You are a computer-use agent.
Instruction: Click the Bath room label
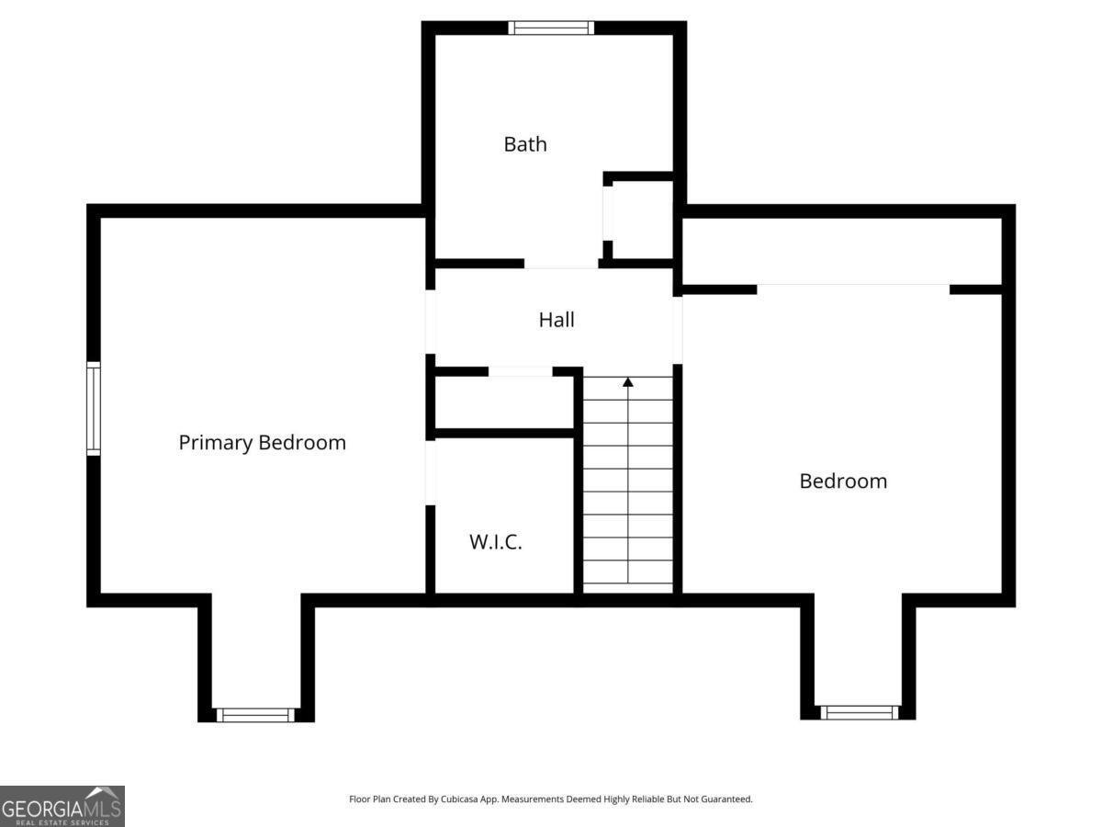click(525, 144)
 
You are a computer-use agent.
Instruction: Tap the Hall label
click(557, 320)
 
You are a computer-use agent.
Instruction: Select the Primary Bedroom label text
click(262, 442)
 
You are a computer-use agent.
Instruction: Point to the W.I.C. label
click(496, 542)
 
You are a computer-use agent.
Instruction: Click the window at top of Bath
click(551, 28)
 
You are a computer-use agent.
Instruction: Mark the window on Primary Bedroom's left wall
click(94, 409)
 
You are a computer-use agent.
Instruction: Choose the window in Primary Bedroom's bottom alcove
click(255, 715)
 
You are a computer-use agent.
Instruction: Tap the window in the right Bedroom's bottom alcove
click(859, 712)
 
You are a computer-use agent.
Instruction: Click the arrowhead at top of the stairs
click(628, 381)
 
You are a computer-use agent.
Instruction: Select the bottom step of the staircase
click(628, 572)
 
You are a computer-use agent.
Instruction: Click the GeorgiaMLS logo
click(62, 806)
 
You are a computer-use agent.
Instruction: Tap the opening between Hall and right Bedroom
click(678, 330)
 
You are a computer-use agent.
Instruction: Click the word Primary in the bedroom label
click(217, 442)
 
